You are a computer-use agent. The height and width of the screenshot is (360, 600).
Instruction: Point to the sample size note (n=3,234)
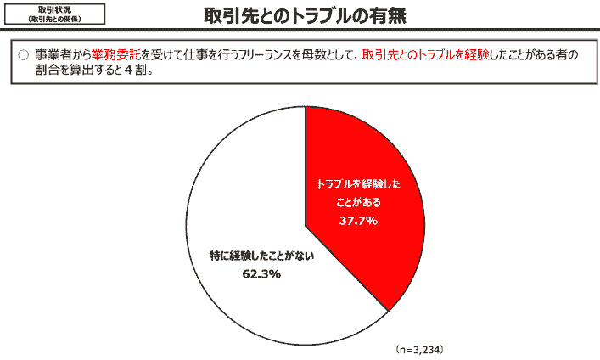(419, 349)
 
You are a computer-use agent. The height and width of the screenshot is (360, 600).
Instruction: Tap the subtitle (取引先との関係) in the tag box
(54, 19)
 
